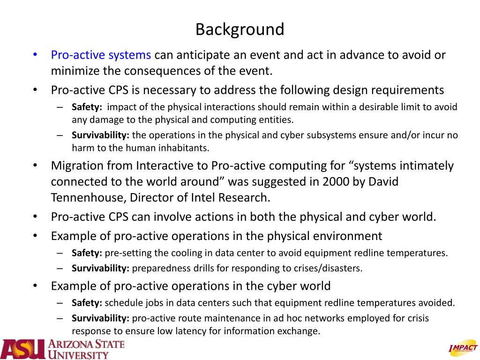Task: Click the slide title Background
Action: pyautogui.click(x=240, y=30)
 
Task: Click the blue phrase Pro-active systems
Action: pyautogui.click(x=101, y=55)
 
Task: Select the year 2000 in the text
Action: pyautogui.click(x=335, y=182)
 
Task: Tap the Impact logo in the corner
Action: pyautogui.click(x=463, y=347)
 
